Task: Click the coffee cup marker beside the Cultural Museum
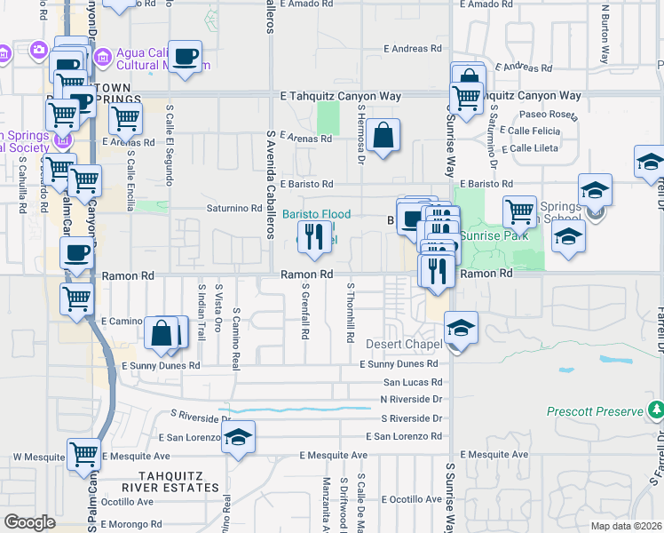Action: pos(185,58)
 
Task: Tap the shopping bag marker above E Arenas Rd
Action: pos(383,137)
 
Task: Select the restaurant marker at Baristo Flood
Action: pos(313,236)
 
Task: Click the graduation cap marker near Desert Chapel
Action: pos(461,329)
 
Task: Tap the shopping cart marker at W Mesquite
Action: pos(83,455)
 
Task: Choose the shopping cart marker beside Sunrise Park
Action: pos(519,213)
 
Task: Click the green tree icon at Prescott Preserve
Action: pos(656,410)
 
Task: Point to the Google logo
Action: pos(29,522)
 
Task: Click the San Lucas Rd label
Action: pos(412,381)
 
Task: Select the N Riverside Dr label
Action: pos(411,399)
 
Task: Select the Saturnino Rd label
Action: pos(233,208)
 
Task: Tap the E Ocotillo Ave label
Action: pos(409,499)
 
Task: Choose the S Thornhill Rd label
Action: pos(351,313)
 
